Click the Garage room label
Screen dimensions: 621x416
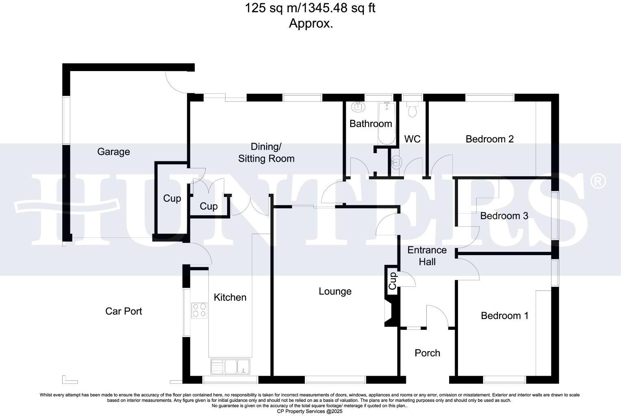(113, 152)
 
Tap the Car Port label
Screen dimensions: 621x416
(124, 311)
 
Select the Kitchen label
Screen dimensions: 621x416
(230, 297)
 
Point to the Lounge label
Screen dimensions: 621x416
(335, 291)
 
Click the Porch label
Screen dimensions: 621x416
(427, 353)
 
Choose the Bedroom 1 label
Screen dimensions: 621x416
(505, 316)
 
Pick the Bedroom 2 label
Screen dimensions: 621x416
(490, 139)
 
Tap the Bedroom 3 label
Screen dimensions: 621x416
(504, 216)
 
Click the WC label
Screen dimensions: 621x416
(412, 139)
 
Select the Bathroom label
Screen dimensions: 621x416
(371, 123)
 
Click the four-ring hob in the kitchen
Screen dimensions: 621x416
(199, 310)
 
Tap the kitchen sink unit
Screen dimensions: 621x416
(230, 366)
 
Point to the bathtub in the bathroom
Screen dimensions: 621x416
(387, 123)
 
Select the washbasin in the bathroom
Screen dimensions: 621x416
(358, 107)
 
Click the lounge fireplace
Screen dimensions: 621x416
(391, 312)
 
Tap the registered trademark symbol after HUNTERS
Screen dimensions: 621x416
(598, 181)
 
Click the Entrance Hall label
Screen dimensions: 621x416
(427, 256)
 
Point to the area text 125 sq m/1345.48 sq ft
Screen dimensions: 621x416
(310, 8)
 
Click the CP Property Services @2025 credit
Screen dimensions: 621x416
(310, 412)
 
